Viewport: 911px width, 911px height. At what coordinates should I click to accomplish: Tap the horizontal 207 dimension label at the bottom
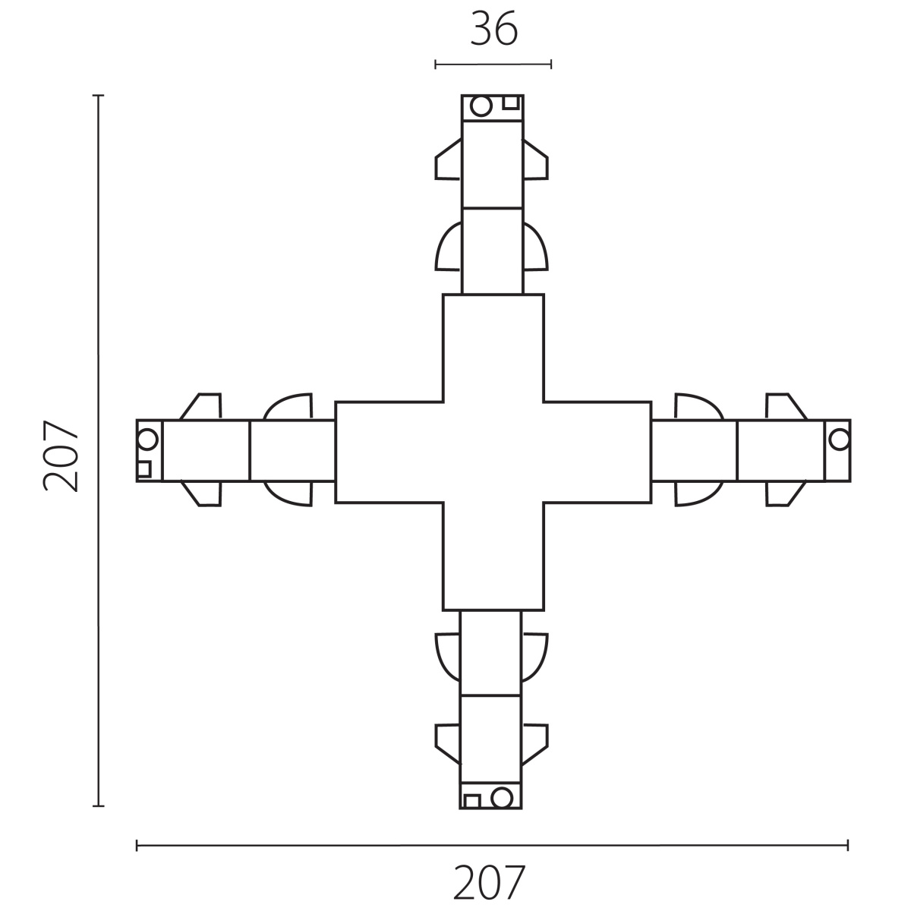(490, 882)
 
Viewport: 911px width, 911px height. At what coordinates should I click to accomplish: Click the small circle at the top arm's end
(481, 106)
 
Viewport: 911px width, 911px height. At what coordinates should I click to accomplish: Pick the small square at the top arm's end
(511, 102)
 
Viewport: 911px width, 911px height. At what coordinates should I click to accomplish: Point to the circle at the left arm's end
(147, 440)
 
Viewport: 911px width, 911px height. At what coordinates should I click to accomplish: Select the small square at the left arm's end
(144, 469)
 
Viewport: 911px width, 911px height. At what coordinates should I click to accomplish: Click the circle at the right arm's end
(839, 440)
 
